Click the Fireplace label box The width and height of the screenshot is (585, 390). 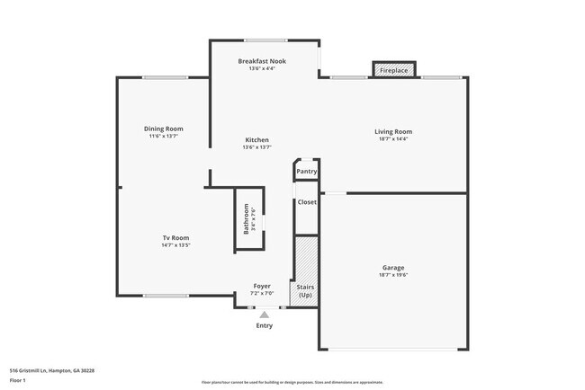tap(393, 70)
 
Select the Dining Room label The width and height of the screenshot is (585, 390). tap(164, 129)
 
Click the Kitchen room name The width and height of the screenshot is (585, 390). tap(256, 140)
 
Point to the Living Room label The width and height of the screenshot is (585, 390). tap(393, 132)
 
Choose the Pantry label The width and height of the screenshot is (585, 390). tap(307, 171)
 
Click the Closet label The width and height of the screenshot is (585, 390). tap(307, 202)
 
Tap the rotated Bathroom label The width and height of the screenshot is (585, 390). tap(245, 220)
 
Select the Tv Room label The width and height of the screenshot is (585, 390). tap(175, 237)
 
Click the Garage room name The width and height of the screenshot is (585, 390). tap(393, 268)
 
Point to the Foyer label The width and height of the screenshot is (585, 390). tap(261, 286)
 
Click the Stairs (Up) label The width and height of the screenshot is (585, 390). tap(305, 290)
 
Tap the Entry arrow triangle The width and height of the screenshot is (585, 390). tap(264, 315)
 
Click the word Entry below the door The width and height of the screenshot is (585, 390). tap(264, 325)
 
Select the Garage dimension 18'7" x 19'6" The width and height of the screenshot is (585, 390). tap(393, 276)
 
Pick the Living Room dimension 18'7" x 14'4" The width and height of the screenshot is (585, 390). tap(393, 139)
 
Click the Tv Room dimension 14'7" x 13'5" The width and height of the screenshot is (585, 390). tap(175, 245)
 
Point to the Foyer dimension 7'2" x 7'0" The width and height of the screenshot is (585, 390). tap(261, 294)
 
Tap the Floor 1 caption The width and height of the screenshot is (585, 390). tap(18, 380)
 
